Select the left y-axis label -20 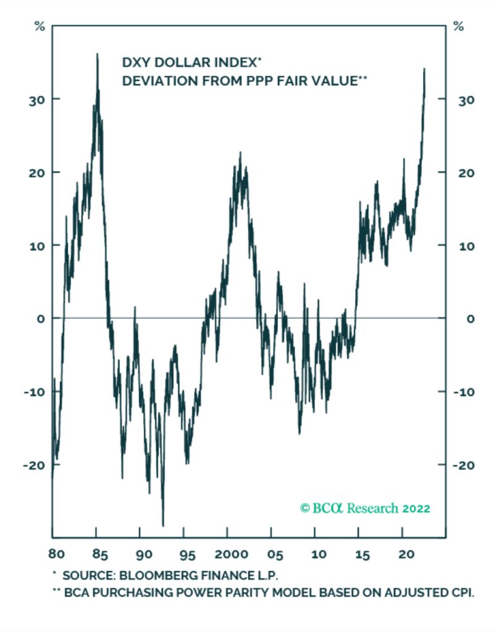tap(32, 465)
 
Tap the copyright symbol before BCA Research tap(304, 508)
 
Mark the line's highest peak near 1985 tap(97, 54)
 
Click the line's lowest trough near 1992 tap(163, 525)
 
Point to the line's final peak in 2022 tap(424, 69)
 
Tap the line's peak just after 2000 tap(240, 152)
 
